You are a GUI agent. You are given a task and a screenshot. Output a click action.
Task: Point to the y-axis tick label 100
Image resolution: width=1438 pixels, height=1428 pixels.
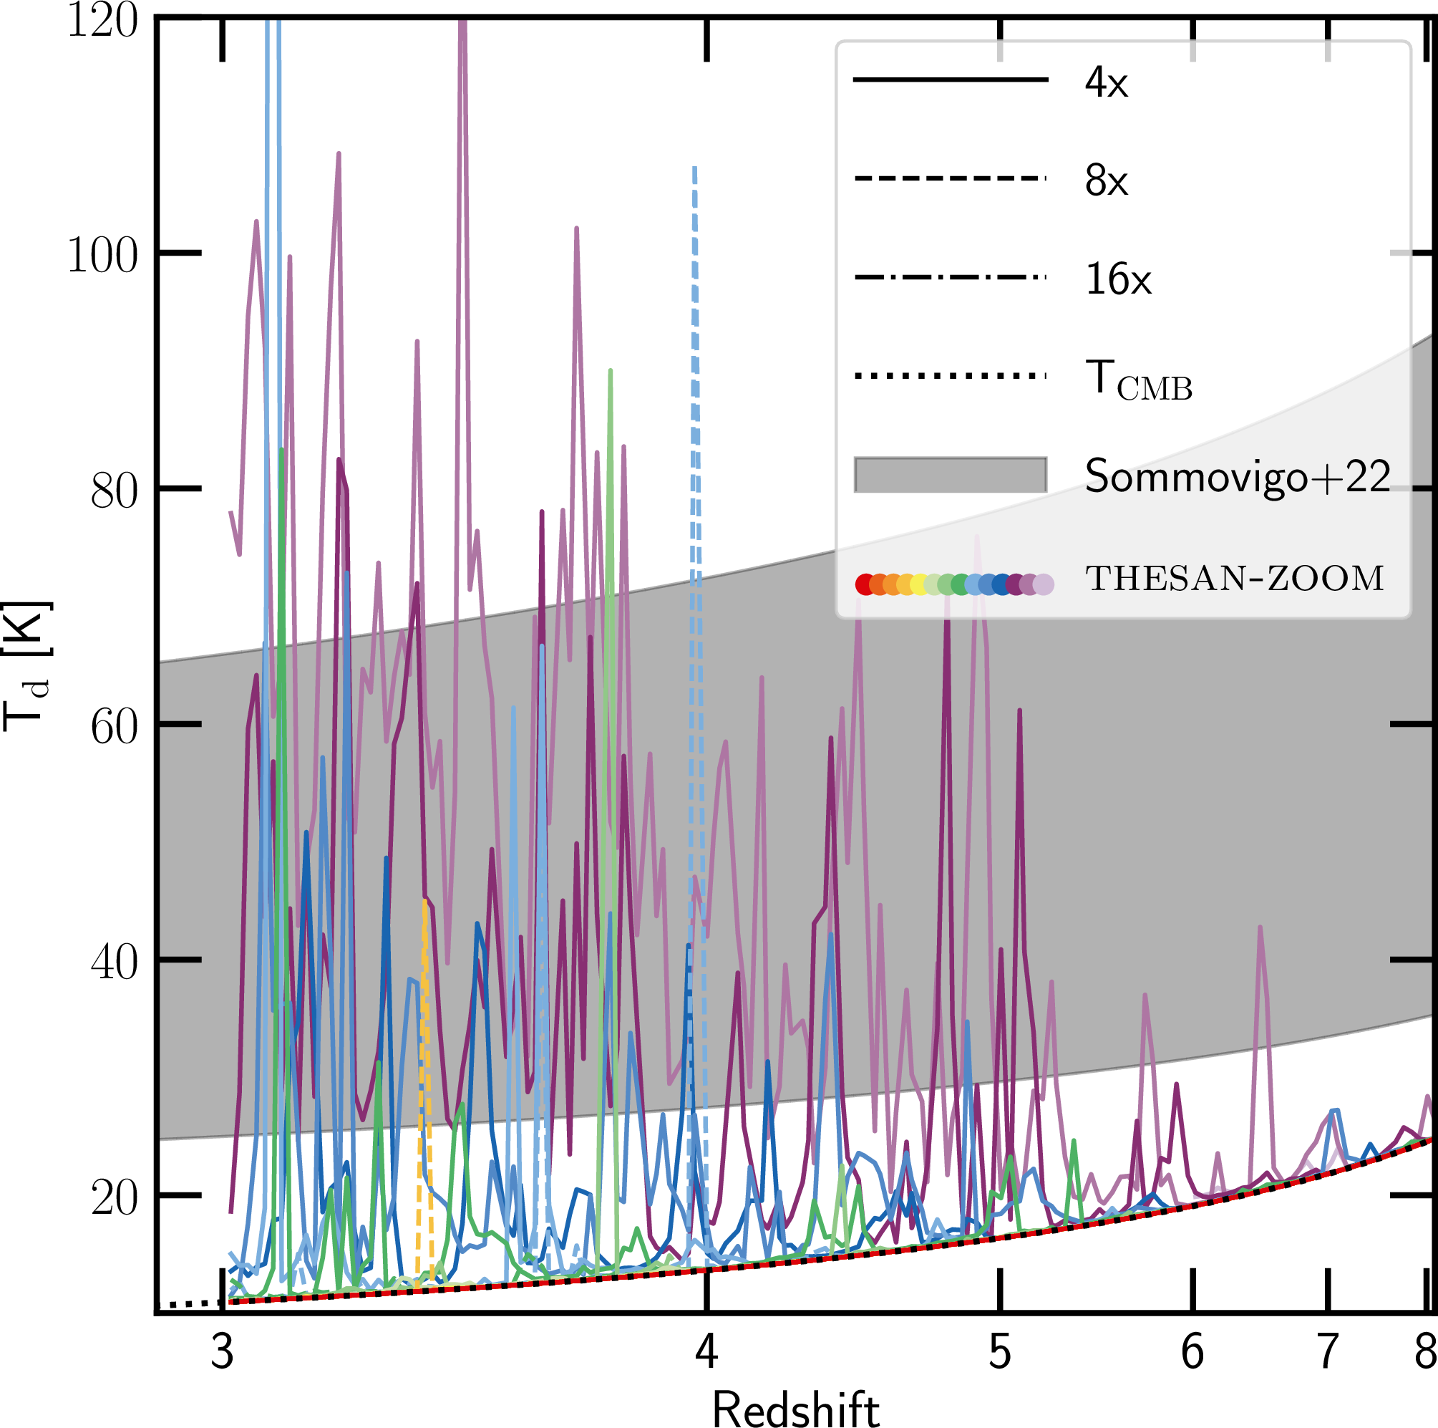(x=103, y=256)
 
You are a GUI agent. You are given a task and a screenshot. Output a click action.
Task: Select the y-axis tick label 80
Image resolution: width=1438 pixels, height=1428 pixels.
(x=114, y=491)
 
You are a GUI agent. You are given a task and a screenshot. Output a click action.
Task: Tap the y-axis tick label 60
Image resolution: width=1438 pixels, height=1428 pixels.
(x=114, y=726)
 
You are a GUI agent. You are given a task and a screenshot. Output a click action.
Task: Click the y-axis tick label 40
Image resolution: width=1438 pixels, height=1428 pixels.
(x=114, y=962)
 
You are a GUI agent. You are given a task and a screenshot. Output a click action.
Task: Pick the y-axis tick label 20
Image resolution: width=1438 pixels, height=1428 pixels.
(x=114, y=1197)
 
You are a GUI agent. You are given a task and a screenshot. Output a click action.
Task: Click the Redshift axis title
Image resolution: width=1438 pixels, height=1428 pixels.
(x=796, y=1408)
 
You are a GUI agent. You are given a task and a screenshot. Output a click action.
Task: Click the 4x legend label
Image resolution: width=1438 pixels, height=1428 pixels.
(x=1106, y=82)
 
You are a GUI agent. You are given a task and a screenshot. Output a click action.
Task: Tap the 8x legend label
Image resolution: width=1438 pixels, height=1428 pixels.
(x=1106, y=180)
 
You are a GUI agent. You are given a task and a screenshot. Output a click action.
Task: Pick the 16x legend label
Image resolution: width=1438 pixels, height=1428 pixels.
(x=1118, y=279)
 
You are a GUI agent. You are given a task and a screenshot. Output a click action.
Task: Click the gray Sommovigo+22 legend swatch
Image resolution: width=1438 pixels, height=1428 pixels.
(x=950, y=475)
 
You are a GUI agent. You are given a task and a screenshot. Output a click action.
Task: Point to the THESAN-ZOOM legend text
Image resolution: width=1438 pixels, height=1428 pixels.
(x=1234, y=579)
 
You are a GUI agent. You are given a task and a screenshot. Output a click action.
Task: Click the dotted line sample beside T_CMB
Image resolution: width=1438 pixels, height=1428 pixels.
(x=950, y=376)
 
